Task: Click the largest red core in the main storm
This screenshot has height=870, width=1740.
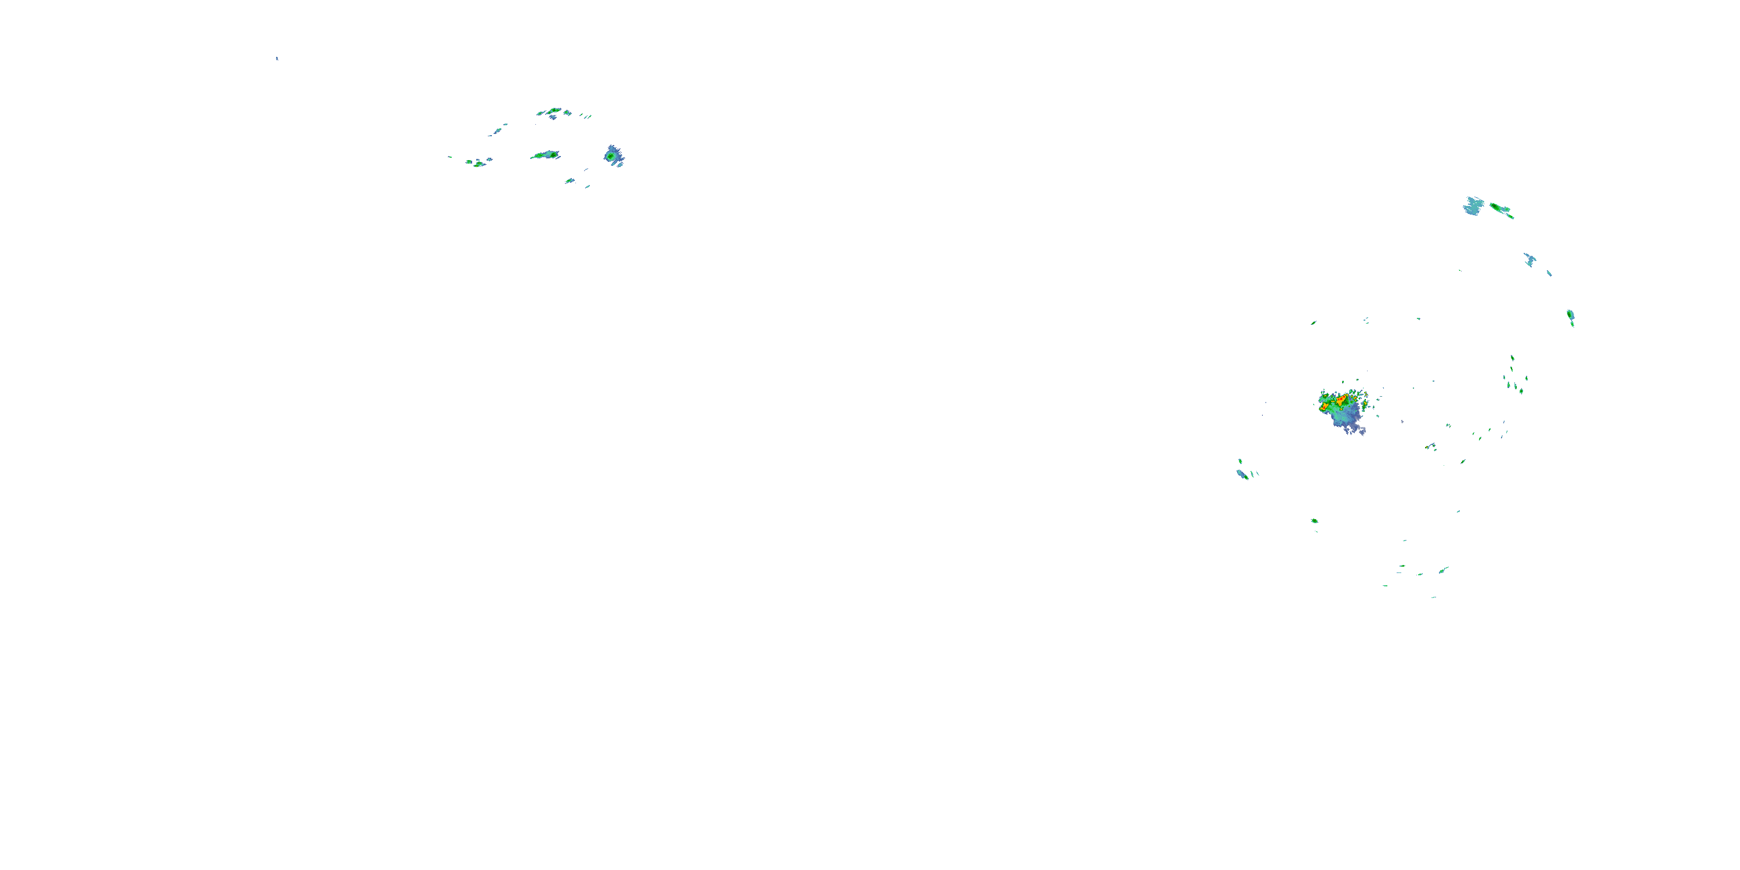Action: (x=1342, y=400)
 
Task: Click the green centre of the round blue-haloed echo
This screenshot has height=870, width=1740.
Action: (x=612, y=156)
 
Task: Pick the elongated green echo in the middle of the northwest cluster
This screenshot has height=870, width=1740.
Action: (x=546, y=155)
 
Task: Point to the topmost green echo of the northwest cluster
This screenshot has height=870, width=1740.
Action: (x=553, y=110)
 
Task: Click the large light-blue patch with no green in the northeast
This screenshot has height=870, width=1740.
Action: (x=1473, y=205)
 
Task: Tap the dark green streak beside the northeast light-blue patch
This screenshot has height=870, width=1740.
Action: (x=1501, y=209)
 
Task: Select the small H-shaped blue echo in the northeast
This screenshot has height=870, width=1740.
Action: (x=1530, y=259)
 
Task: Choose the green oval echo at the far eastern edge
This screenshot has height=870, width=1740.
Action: (x=1571, y=316)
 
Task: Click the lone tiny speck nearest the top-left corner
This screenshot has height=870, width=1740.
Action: (x=277, y=58)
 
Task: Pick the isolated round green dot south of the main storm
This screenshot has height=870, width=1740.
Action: (x=1314, y=521)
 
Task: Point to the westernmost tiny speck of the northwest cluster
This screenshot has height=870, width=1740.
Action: (x=450, y=157)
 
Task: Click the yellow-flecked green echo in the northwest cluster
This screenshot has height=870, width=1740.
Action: (x=478, y=164)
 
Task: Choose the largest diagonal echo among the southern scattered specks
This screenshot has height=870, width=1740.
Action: (x=1443, y=570)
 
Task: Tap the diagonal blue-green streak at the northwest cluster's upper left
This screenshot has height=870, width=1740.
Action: (x=497, y=130)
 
